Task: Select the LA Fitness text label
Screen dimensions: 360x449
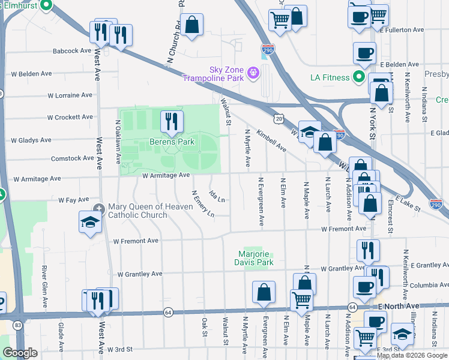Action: click(330, 77)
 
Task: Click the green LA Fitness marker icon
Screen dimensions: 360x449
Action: click(359, 77)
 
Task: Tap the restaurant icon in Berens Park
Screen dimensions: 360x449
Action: click(172, 122)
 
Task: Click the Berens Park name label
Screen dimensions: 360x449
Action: click(172, 142)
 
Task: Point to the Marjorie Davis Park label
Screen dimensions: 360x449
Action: click(256, 258)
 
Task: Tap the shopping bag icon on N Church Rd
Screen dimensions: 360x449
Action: click(191, 25)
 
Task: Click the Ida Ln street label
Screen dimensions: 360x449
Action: click(217, 196)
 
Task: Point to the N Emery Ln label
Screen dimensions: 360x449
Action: click(203, 204)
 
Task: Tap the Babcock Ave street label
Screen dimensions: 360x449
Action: click(71, 51)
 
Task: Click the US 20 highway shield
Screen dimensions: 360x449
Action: click(279, 119)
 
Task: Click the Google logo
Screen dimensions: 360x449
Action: click(20, 353)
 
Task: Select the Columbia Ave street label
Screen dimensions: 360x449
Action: click(420, 286)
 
